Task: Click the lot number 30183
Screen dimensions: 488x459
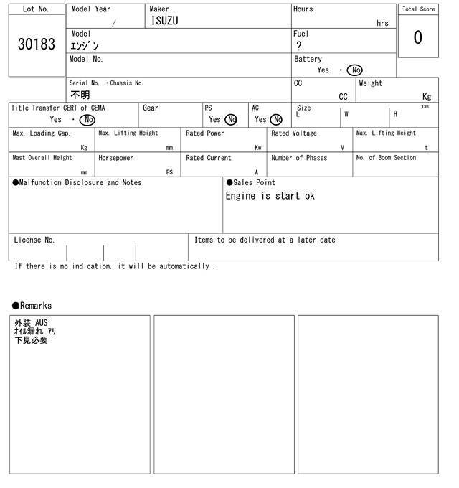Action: click(36, 44)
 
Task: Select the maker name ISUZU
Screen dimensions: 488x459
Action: click(164, 21)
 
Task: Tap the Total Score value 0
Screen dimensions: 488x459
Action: click(417, 37)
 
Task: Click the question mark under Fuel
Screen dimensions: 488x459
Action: click(299, 46)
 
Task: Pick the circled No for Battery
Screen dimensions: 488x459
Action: click(354, 70)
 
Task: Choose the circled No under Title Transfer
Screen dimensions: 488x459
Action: click(87, 120)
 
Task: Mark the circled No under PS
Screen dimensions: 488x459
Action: click(230, 120)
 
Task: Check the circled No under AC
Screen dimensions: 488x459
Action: click(276, 120)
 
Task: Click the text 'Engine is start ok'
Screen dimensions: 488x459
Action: click(270, 196)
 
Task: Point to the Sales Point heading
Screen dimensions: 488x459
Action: click(250, 182)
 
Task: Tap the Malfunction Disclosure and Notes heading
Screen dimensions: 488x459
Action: click(77, 182)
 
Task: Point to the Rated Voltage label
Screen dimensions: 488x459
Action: click(294, 133)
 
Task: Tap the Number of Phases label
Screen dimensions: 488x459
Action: click(299, 158)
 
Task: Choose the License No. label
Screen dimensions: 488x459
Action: click(34, 240)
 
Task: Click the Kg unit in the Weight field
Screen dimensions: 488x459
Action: click(427, 96)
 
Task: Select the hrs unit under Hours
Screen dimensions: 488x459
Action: click(382, 23)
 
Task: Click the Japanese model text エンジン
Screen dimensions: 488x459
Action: click(85, 46)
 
